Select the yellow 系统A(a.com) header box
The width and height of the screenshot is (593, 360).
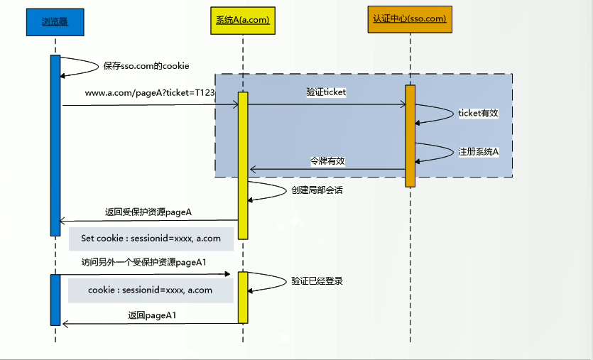242,20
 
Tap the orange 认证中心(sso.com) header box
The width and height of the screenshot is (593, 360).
410,18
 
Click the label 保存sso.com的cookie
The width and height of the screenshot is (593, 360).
146,66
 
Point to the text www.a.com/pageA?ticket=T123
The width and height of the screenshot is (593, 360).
150,93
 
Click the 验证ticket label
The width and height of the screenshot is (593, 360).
326,92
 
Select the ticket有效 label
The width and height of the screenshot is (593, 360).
478,113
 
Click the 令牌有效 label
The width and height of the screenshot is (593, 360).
327,161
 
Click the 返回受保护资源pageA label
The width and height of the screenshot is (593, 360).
148,212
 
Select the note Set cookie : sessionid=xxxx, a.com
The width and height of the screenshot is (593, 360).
151,239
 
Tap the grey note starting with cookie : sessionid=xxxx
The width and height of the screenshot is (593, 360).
151,290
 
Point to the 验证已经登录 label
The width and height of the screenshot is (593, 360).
317,281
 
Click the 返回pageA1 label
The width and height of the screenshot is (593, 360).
152,315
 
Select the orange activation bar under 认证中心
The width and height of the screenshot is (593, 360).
410,136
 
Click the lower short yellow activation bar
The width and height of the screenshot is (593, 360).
243,297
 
